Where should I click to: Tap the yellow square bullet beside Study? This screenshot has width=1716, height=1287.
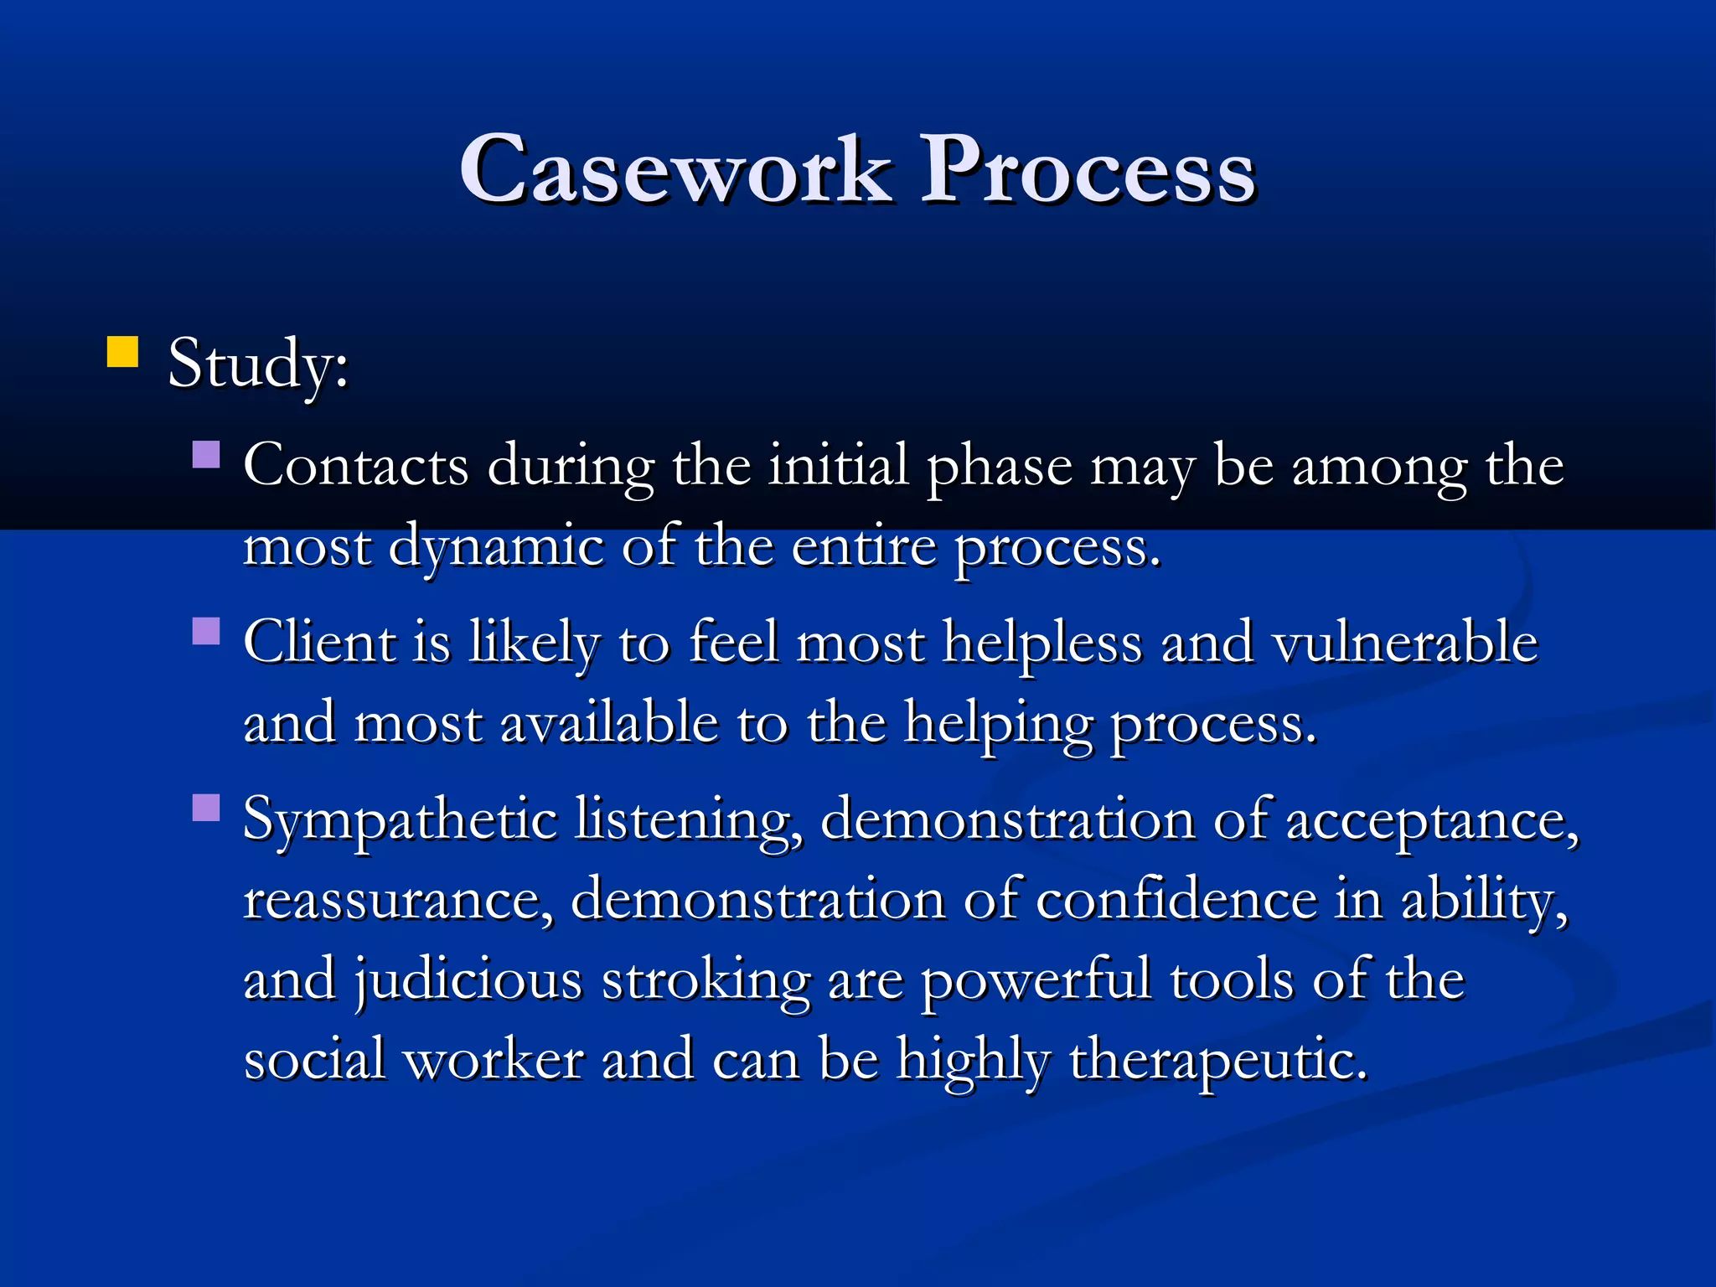click(122, 352)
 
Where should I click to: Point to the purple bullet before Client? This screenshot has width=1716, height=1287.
click(206, 631)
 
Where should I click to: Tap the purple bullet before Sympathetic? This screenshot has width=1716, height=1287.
click(206, 808)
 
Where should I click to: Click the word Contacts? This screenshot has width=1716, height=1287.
click(355, 465)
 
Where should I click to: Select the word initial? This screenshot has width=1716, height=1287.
click(838, 465)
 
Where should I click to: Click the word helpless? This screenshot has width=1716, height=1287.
click(1042, 643)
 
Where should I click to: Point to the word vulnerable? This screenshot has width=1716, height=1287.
click(1405, 643)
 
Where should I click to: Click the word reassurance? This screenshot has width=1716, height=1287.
click(398, 900)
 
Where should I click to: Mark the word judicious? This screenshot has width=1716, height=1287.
click(467, 980)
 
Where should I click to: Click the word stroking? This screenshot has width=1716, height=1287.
click(706, 980)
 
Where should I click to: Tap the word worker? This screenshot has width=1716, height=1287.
click(494, 1059)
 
